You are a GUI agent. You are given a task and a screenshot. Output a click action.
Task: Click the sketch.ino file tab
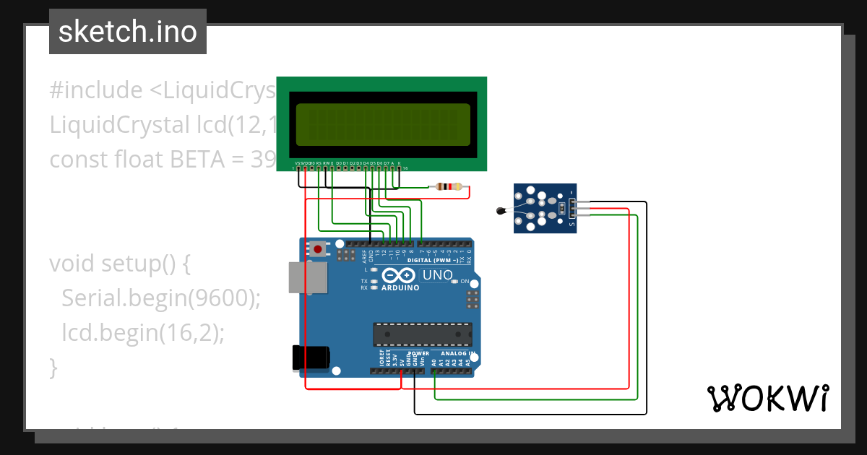(x=128, y=32)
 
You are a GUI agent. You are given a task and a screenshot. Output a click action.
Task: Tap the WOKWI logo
(x=767, y=398)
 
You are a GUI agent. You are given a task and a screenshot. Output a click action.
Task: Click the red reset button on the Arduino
(x=317, y=249)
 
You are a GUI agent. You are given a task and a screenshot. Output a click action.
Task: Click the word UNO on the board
(x=437, y=275)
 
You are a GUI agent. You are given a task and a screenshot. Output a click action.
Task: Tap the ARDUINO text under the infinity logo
(x=398, y=287)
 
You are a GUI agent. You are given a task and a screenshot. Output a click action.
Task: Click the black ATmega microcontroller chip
(x=422, y=335)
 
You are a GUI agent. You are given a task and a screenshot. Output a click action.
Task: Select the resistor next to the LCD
(x=445, y=187)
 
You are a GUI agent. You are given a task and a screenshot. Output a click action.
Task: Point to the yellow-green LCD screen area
(x=382, y=125)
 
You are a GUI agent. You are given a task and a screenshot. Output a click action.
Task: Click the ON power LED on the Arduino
(x=465, y=281)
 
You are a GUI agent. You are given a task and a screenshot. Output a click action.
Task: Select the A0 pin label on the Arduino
(x=433, y=363)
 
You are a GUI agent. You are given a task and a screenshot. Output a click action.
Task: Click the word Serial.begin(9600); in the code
(x=160, y=298)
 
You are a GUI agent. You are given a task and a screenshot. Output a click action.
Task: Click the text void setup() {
(x=120, y=264)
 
